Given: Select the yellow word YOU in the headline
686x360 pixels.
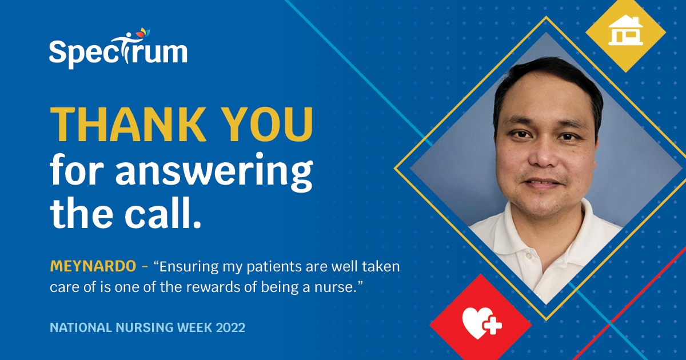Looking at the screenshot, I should click(270, 125).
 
